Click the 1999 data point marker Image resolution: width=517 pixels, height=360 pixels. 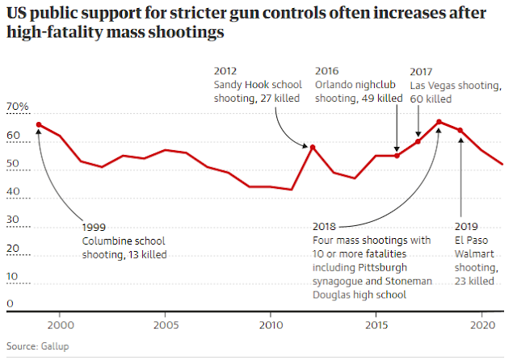(39, 125)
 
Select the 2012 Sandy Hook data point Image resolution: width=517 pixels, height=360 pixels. (313, 147)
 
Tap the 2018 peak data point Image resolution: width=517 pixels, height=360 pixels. (439, 122)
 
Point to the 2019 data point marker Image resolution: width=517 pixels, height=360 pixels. (460, 130)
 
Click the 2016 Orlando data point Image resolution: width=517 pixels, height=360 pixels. (397, 155)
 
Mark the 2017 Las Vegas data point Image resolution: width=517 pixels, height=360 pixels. (418, 141)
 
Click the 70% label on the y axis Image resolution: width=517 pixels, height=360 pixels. (18, 107)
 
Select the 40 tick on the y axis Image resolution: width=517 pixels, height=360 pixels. (14, 192)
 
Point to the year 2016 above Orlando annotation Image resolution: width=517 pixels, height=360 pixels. (327, 70)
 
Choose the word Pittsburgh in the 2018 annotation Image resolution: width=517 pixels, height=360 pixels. (383, 267)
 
